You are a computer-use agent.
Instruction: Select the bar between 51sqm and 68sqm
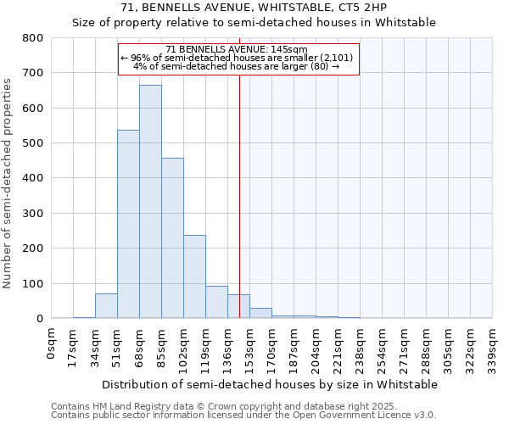128,224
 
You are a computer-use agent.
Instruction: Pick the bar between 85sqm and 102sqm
172,238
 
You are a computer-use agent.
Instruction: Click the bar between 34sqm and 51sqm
106,306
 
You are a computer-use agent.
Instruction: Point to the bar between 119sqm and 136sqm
216,302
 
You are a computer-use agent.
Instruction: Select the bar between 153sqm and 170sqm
260,313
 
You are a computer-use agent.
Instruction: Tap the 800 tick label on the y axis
32,38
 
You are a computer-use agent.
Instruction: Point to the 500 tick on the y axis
32,143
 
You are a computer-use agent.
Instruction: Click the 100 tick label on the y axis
32,283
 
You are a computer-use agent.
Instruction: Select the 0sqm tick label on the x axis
52,343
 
